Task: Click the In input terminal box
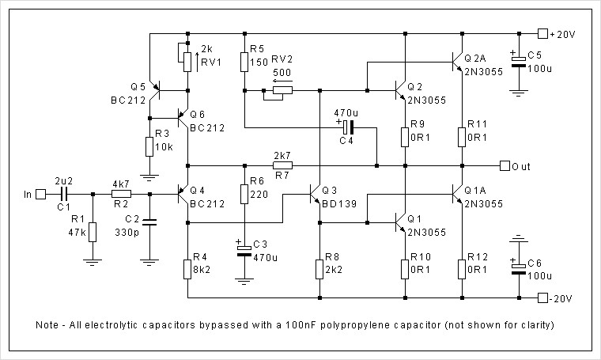point(40,195)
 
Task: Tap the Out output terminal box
point(505,166)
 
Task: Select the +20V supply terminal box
point(542,34)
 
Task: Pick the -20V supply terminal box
point(542,298)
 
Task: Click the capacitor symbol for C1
point(64,195)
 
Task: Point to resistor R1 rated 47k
point(93,232)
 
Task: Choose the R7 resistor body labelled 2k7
point(282,165)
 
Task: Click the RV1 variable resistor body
point(187,62)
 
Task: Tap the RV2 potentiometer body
point(282,90)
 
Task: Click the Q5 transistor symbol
point(155,91)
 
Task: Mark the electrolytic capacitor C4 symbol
point(348,127)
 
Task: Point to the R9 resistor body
point(405,137)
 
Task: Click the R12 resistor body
point(462,270)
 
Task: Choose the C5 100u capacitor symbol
point(519,62)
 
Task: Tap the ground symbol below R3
point(149,178)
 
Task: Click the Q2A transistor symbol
point(456,62)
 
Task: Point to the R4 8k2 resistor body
point(187,270)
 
